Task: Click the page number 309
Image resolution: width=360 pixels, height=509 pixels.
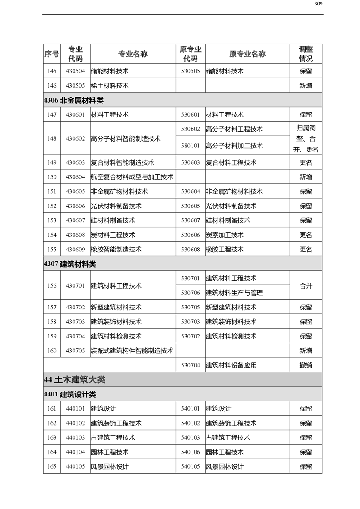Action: point(318,4)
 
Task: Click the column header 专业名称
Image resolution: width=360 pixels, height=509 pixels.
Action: point(133,54)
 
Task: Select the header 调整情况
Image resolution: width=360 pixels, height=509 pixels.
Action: point(306,54)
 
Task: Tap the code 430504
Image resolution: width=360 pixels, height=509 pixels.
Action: point(75,71)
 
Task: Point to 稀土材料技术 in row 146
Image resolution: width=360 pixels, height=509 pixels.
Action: point(110,86)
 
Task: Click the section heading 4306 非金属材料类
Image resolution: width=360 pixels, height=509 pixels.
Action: point(74,100)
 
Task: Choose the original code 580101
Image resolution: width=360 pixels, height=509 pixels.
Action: point(190,146)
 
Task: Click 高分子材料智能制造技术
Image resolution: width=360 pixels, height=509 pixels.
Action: point(126,138)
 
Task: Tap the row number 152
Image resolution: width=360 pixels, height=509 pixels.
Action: point(52,206)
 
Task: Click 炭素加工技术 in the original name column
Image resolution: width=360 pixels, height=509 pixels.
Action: point(225,235)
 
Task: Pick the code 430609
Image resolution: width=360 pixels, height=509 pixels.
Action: point(75,250)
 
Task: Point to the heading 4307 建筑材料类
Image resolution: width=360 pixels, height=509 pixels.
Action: point(70,264)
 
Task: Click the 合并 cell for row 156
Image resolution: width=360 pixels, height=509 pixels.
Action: point(306,286)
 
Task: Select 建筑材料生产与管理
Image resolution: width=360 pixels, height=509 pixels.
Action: point(234,293)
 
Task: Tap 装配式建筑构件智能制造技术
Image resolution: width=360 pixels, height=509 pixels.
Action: point(132,351)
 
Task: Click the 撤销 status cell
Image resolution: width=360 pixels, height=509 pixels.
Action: point(306,365)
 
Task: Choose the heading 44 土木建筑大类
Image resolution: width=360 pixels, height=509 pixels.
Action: point(74,379)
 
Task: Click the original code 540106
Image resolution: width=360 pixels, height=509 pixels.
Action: point(190,452)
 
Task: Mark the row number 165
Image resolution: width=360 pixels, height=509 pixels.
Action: point(52,467)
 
